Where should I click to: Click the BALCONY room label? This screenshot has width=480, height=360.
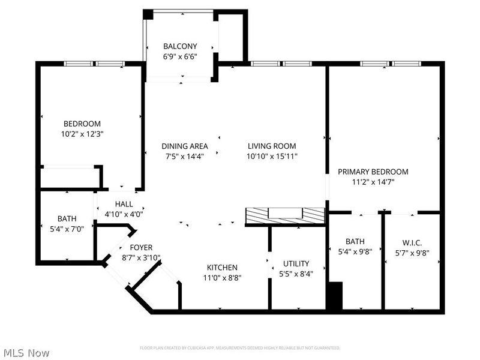tap(181, 46)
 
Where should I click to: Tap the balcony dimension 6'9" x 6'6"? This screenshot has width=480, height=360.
tap(181, 56)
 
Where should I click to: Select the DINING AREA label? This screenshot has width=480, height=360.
tap(185, 146)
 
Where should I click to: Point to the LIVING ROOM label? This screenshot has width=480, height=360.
tap(272, 146)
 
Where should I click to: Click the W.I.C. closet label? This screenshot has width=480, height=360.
tap(412, 242)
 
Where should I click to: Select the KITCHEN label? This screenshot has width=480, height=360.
tap(223, 268)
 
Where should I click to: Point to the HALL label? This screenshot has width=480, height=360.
tap(124, 204)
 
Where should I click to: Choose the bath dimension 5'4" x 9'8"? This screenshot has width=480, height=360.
tap(355, 252)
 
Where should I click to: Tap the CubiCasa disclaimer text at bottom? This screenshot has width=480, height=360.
tap(240, 348)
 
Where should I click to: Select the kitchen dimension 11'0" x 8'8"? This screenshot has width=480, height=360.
tap(223, 278)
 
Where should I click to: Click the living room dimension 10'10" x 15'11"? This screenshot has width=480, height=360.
tap(272, 156)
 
